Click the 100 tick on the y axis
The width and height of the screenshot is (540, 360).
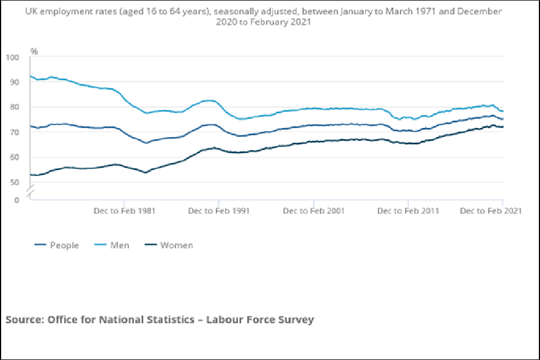(12, 57)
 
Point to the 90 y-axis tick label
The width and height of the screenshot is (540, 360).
(13, 82)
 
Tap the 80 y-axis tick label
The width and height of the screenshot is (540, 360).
(13, 107)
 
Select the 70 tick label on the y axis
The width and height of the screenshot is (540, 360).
(13, 132)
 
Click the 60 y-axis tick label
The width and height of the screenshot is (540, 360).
(13, 157)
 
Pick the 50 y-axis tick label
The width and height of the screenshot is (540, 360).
(13, 182)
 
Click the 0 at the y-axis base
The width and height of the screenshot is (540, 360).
(16, 200)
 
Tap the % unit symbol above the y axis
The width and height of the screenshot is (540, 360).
(34, 51)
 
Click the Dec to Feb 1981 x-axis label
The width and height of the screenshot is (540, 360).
(124, 211)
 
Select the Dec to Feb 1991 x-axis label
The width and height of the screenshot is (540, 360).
(219, 211)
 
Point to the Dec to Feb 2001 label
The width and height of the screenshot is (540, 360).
(313, 211)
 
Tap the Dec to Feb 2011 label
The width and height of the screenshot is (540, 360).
(408, 211)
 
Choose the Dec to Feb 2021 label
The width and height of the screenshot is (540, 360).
(490, 211)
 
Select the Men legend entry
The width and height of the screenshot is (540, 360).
(120, 245)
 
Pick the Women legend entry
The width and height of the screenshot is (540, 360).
(176, 245)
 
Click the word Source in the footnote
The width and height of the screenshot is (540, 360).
(25, 319)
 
